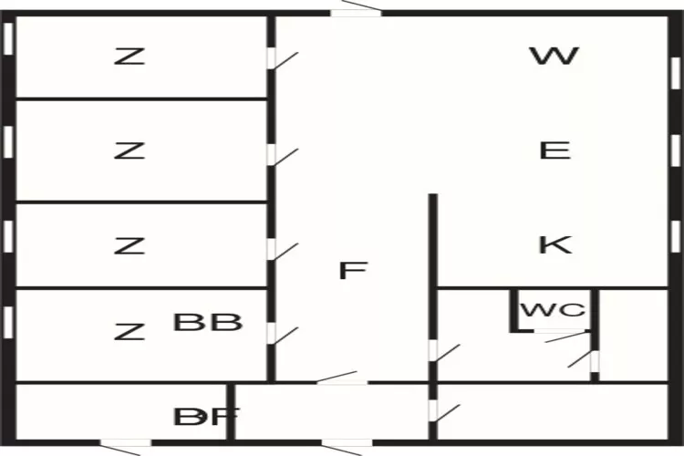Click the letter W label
click(554, 57)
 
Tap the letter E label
click(554, 150)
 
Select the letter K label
click(554, 244)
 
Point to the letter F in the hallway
click(352, 271)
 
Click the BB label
click(208, 322)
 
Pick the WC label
click(552, 310)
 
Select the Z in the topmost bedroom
click(129, 57)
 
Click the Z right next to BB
click(129, 331)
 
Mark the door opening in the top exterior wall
click(356, 11)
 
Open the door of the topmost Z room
click(272, 58)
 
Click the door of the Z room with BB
click(272, 332)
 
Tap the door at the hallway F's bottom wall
click(342, 381)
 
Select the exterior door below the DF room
click(125, 444)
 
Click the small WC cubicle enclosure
click(553, 311)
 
